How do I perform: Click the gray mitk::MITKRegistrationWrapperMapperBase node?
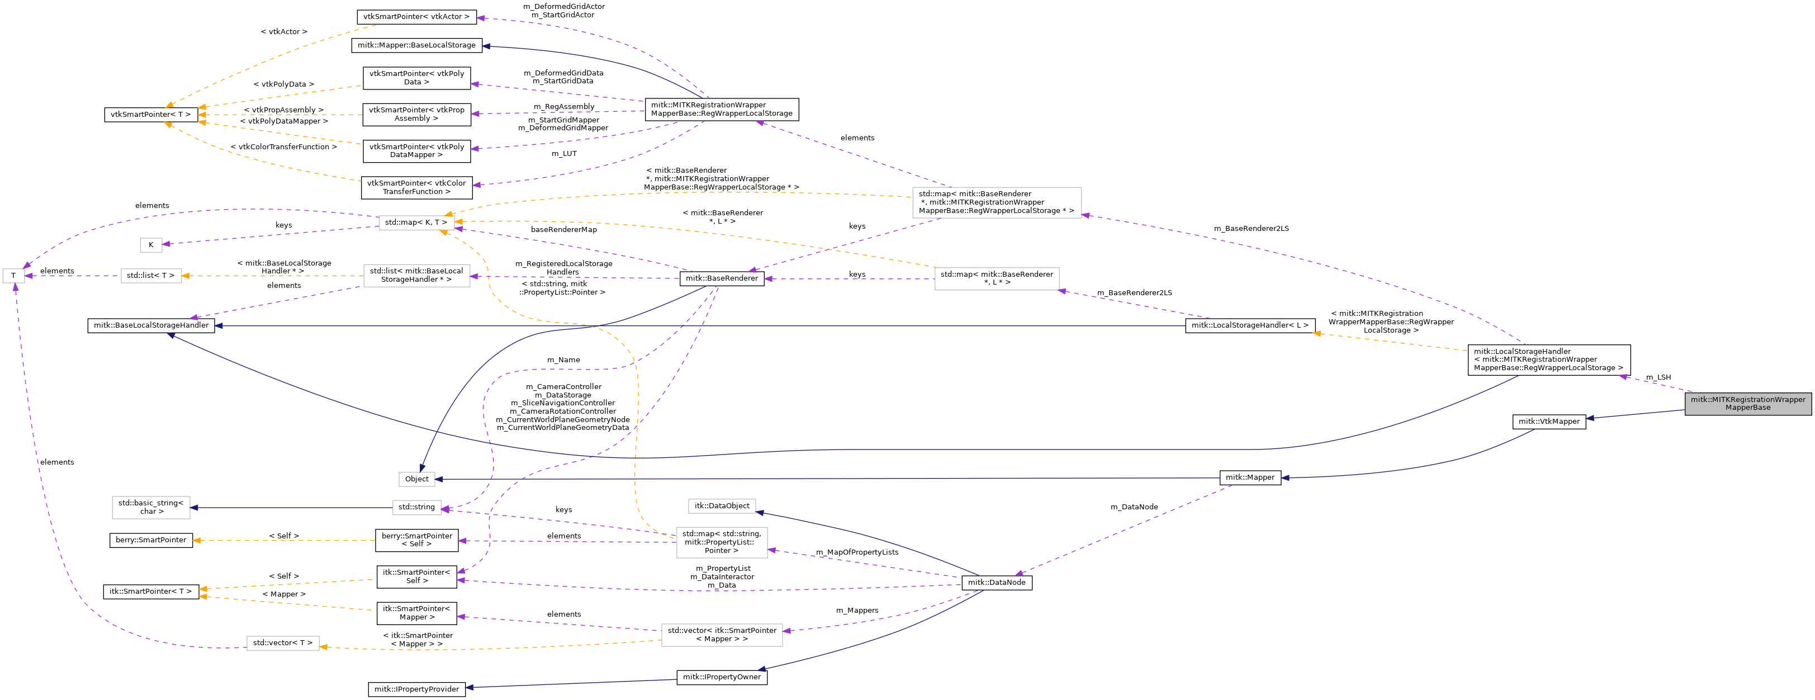click(1747, 403)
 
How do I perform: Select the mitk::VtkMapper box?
click(1549, 422)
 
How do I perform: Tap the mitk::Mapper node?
click(1250, 477)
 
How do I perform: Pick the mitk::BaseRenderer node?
click(722, 278)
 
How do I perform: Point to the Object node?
click(416, 479)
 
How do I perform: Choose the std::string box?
click(416, 507)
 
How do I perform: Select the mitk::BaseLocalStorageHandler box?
click(151, 326)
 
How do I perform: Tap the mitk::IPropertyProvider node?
click(416, 689)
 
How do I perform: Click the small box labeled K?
click(151, 245)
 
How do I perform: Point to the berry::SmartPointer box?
click(151, 540)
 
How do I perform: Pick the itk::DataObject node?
click(722, 506)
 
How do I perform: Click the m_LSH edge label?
click(1658, 377)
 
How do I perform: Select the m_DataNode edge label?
click(1134, 507)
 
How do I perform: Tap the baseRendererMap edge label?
click(563, 230)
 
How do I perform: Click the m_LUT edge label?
click(563, 154)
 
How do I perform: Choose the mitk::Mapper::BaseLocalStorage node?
click(416, 45)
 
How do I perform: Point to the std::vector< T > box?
click(282, 643)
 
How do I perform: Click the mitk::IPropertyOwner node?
click(722, 678)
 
